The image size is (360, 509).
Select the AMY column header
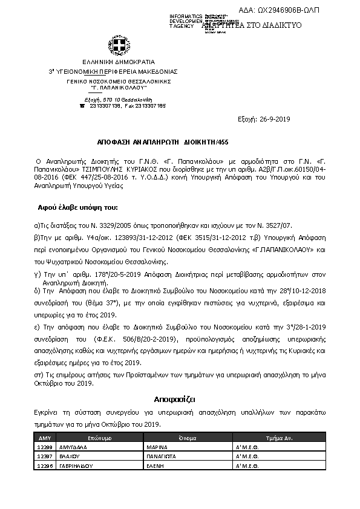44,437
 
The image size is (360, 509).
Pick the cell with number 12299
44,448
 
